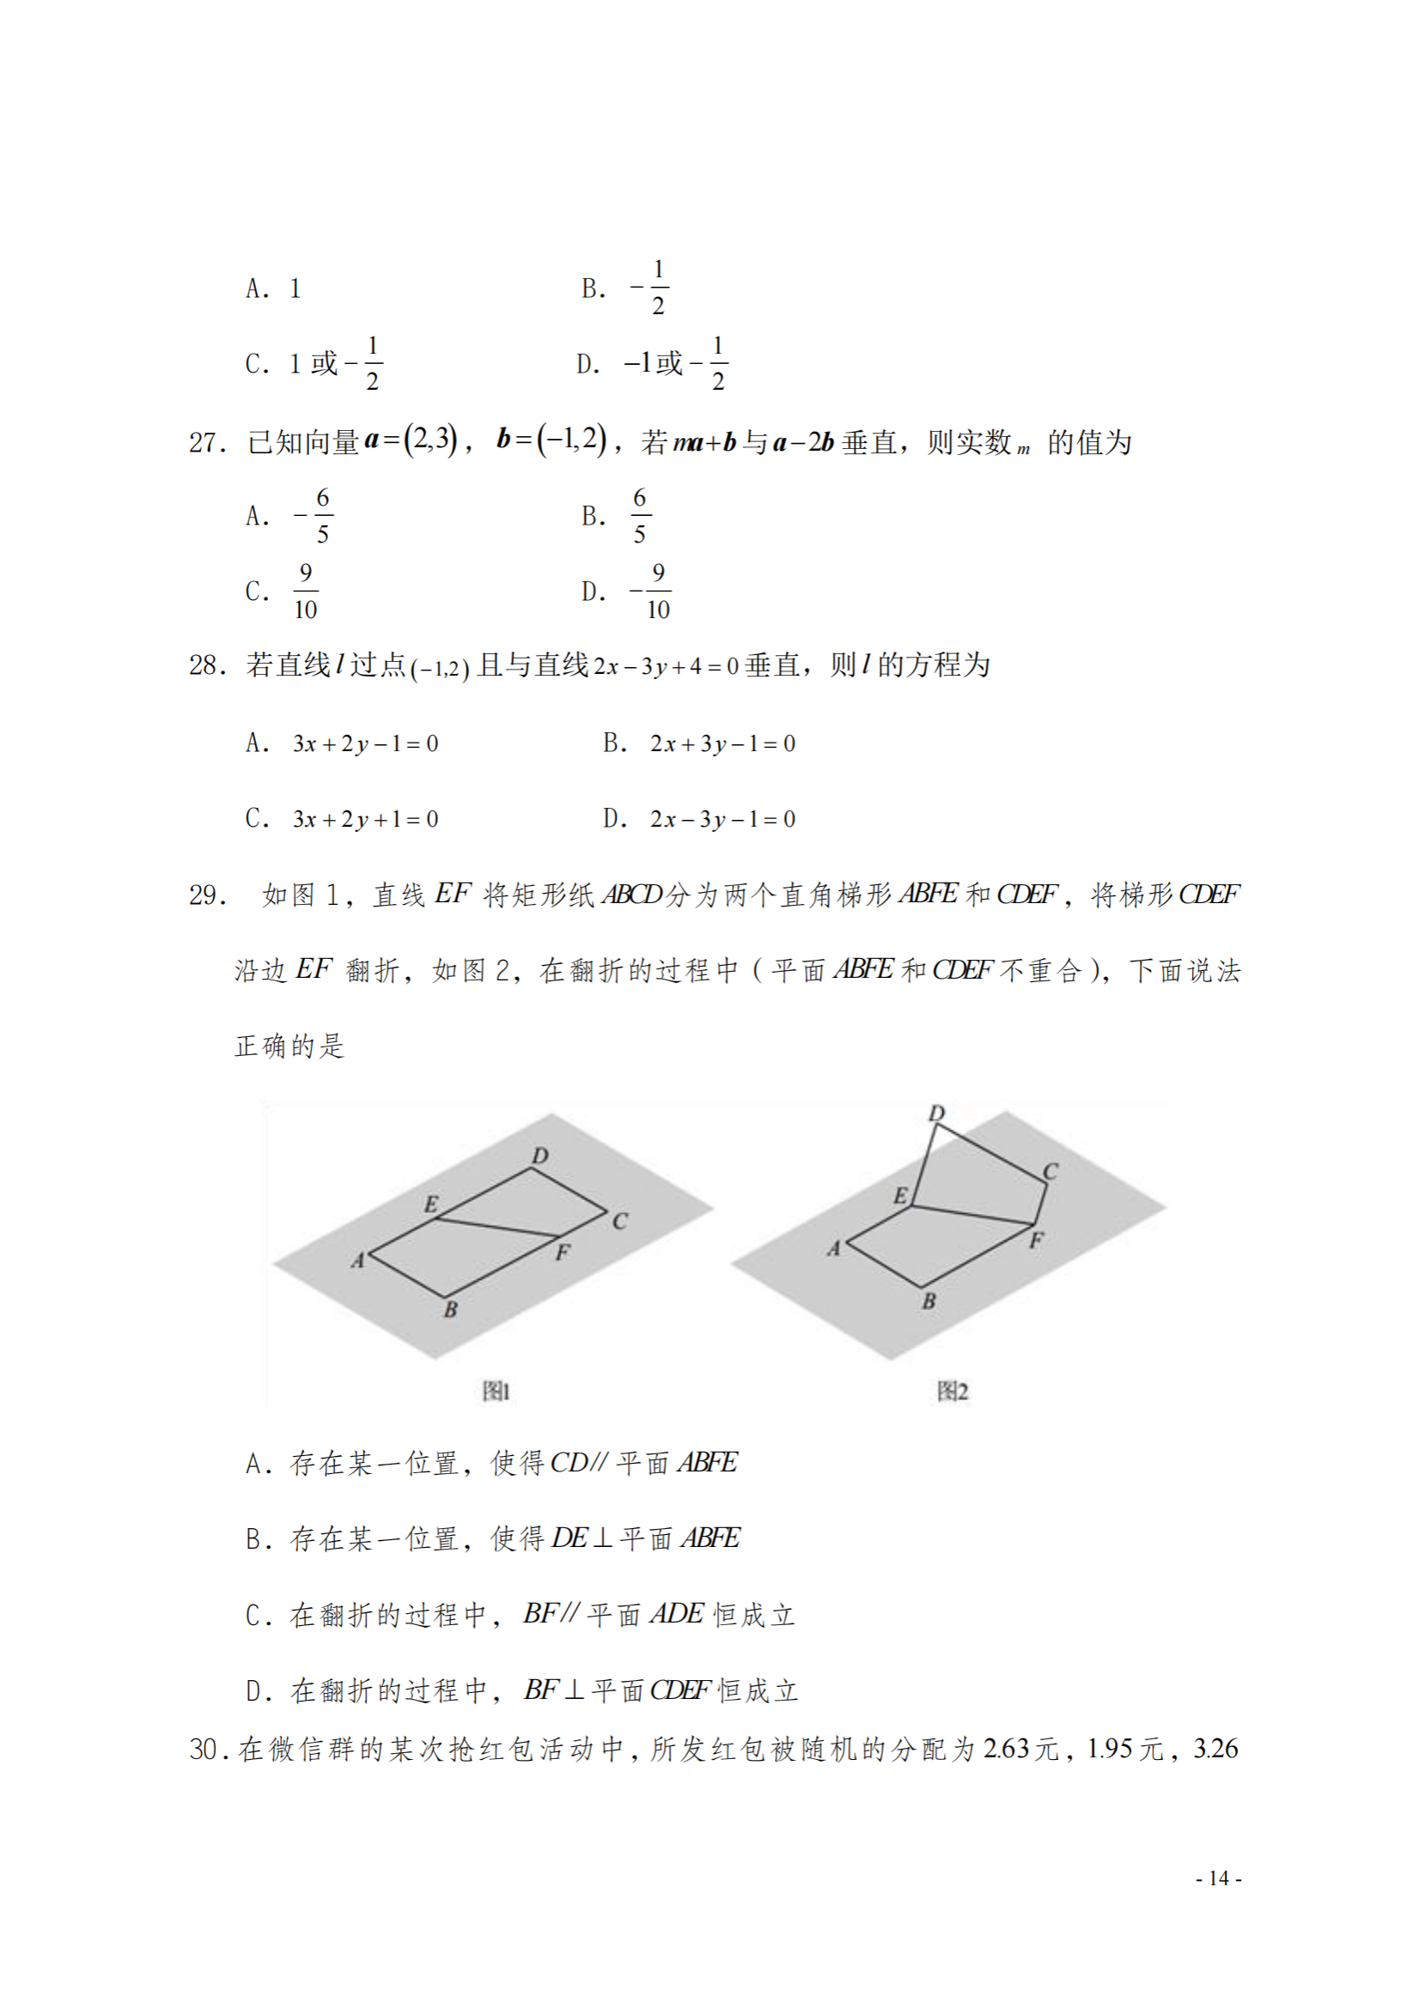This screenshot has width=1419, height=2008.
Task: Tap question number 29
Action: pyautogui.click(x=206, y=895)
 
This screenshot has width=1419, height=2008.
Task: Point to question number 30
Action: pyautogui.click(x=204, y=1748)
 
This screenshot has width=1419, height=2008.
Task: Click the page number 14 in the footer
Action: pyautogui.click(x=1219, y=1878)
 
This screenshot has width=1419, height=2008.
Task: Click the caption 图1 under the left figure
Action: pyautogui.click(x=496, y=1391)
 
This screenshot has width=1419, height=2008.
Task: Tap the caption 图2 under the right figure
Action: pyautogui.click(x=952, y=1391)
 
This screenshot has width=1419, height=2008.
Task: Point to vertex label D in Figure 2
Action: pyautogui.click(x=936, y=1113)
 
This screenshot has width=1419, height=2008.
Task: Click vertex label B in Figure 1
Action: pyautogui.click(x=451, y=1309)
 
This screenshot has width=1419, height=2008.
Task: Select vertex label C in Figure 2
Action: pyautogui.click(x=1051, y=1171)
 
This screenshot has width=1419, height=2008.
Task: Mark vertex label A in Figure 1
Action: pyautogui.click(x=358, y=1260)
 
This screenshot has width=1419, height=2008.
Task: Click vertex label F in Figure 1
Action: pyautogui.click(x=563, y=1253)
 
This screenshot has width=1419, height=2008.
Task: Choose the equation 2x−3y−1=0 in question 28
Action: pyautogui.click(x=722, y=820)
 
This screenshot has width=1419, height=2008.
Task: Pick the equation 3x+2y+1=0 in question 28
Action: pyautogui.click(x=366, y=820)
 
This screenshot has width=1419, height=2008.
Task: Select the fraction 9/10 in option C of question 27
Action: pyautogui.click(x=305, y=591)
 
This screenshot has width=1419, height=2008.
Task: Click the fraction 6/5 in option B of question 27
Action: pyautogui.click(x=640, y=516)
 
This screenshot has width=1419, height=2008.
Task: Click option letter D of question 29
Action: pyautogui.click(x=254, y=1689)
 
